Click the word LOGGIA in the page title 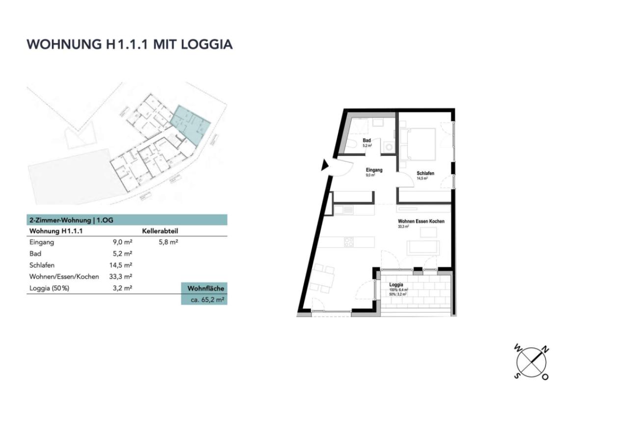(207, 44)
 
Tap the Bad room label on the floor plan (366, 141)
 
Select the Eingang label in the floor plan (374, 170)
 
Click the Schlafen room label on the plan (425, 173)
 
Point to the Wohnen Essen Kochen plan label (421, 221)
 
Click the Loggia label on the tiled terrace (396, 285)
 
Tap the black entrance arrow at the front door (325, 166)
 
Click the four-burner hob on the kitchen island (349, 242)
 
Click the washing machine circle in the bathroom (389, 146)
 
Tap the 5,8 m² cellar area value (168, 242)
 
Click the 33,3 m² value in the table (121, 277)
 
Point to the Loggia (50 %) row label (50, 288)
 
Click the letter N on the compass (546, 349)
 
